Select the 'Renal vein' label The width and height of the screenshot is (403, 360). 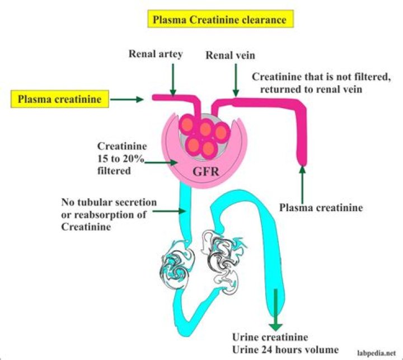pos(228,56)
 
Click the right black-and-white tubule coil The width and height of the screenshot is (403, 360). pos(223,255)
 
